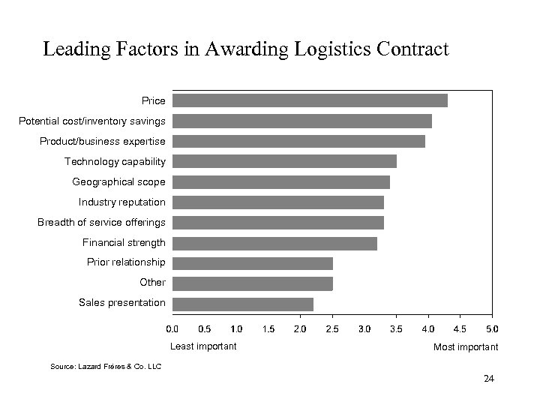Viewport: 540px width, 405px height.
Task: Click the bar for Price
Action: pos(310,100)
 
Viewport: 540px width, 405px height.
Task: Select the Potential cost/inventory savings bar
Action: pos(301,121)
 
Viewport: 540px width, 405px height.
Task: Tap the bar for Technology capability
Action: pos(284,161)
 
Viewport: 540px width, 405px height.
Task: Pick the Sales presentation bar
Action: pos(242,303)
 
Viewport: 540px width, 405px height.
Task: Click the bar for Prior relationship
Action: pos(252,262)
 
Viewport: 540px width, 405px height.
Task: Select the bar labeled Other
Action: pos(252,283)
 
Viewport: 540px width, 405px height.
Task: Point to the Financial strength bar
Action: pos(274,242)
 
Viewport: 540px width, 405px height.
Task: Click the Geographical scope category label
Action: pos(118,181)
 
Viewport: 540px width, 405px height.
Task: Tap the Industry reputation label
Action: pos(122,202)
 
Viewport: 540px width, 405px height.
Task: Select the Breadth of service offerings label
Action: pos(101,222)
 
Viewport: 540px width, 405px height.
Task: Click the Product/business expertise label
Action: pos(103,141)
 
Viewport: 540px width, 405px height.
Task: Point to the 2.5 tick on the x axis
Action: pos(332,329)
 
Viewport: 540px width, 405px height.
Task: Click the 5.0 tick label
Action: pos(492,329)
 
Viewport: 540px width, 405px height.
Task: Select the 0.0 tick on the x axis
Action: pos(172,329)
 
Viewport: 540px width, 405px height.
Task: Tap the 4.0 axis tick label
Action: pos(428,329)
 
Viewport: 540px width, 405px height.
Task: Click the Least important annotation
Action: pos(203,346)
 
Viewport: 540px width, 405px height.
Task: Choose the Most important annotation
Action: pos(466,347)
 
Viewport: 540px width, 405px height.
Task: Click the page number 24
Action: pos(489,379)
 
